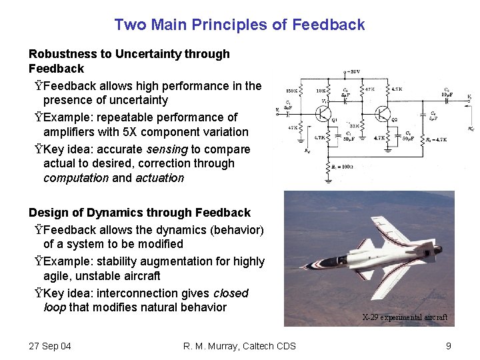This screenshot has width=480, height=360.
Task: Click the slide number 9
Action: (x=449, y=345)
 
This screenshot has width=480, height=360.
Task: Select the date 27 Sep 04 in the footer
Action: (x=50, y=345)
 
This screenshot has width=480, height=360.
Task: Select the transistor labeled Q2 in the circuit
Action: (x=383, y=114)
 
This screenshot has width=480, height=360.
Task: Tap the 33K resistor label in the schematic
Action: (x=353, y=123)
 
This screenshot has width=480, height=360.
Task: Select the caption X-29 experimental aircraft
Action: (x=404, y=317)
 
